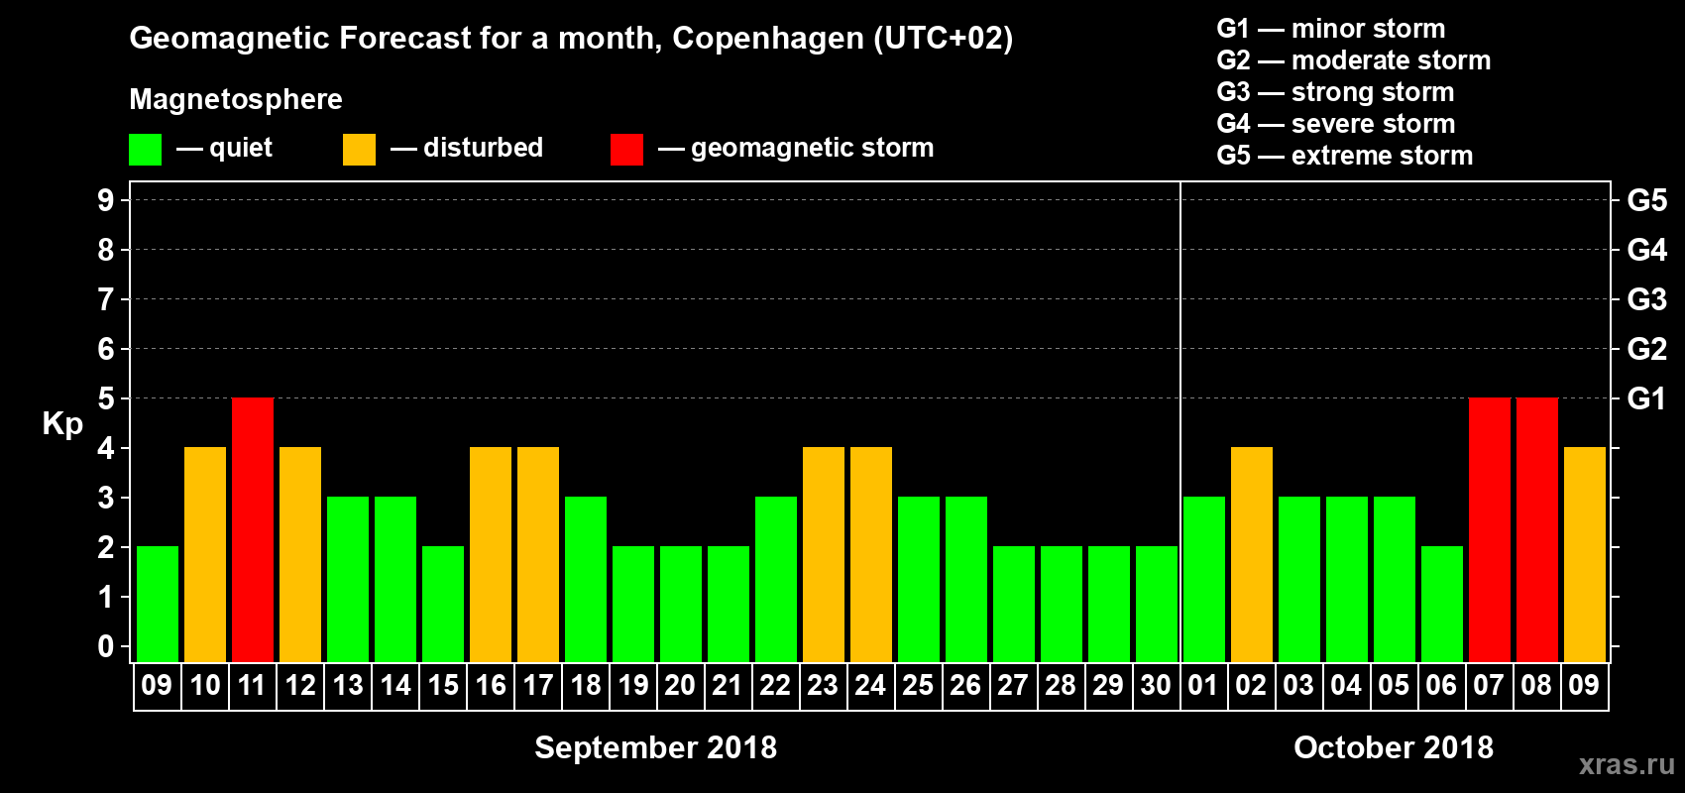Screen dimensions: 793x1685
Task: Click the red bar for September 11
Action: (253, 529)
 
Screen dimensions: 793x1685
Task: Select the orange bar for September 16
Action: (491, 554)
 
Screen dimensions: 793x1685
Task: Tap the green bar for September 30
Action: (1157, 604)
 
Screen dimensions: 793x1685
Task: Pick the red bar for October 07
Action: (1490, 529)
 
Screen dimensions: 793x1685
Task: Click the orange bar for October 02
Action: (1252, 554)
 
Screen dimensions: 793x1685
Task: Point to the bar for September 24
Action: (871, 554)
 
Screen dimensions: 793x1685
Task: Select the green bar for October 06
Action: (1442, 604)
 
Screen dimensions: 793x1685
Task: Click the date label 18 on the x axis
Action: (586, 685)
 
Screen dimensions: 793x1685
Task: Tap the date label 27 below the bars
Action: (1013, 685)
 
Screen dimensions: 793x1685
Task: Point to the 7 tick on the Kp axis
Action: (106, 299)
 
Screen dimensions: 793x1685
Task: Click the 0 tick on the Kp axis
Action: (106, 646)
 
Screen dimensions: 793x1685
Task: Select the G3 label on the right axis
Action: (1646, 299)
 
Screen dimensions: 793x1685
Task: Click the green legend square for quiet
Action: (146, 150)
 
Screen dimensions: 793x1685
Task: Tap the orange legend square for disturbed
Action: (359, 150)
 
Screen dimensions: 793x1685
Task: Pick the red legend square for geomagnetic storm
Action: (626, 150)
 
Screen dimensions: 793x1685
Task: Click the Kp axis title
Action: (62, 423)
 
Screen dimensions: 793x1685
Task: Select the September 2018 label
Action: (655, 747)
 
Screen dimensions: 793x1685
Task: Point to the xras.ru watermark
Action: (1627, 764)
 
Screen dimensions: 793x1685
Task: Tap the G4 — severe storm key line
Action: (1336, 124)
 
